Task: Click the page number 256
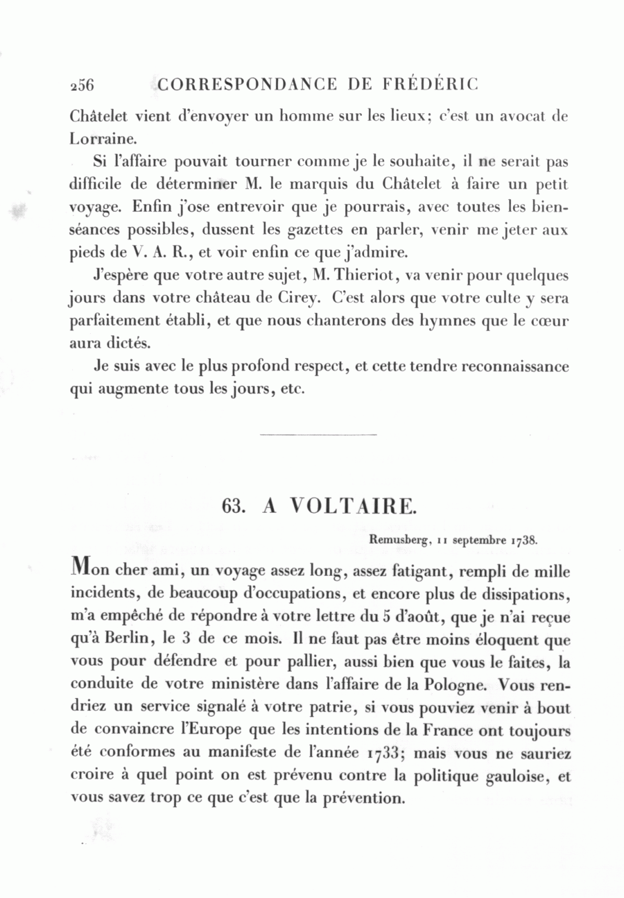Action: tap(82, 85)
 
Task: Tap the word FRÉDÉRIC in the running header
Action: tap(430, 85)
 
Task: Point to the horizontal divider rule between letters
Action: tap(318, 435)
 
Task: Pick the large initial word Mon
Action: tap(92, 570)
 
